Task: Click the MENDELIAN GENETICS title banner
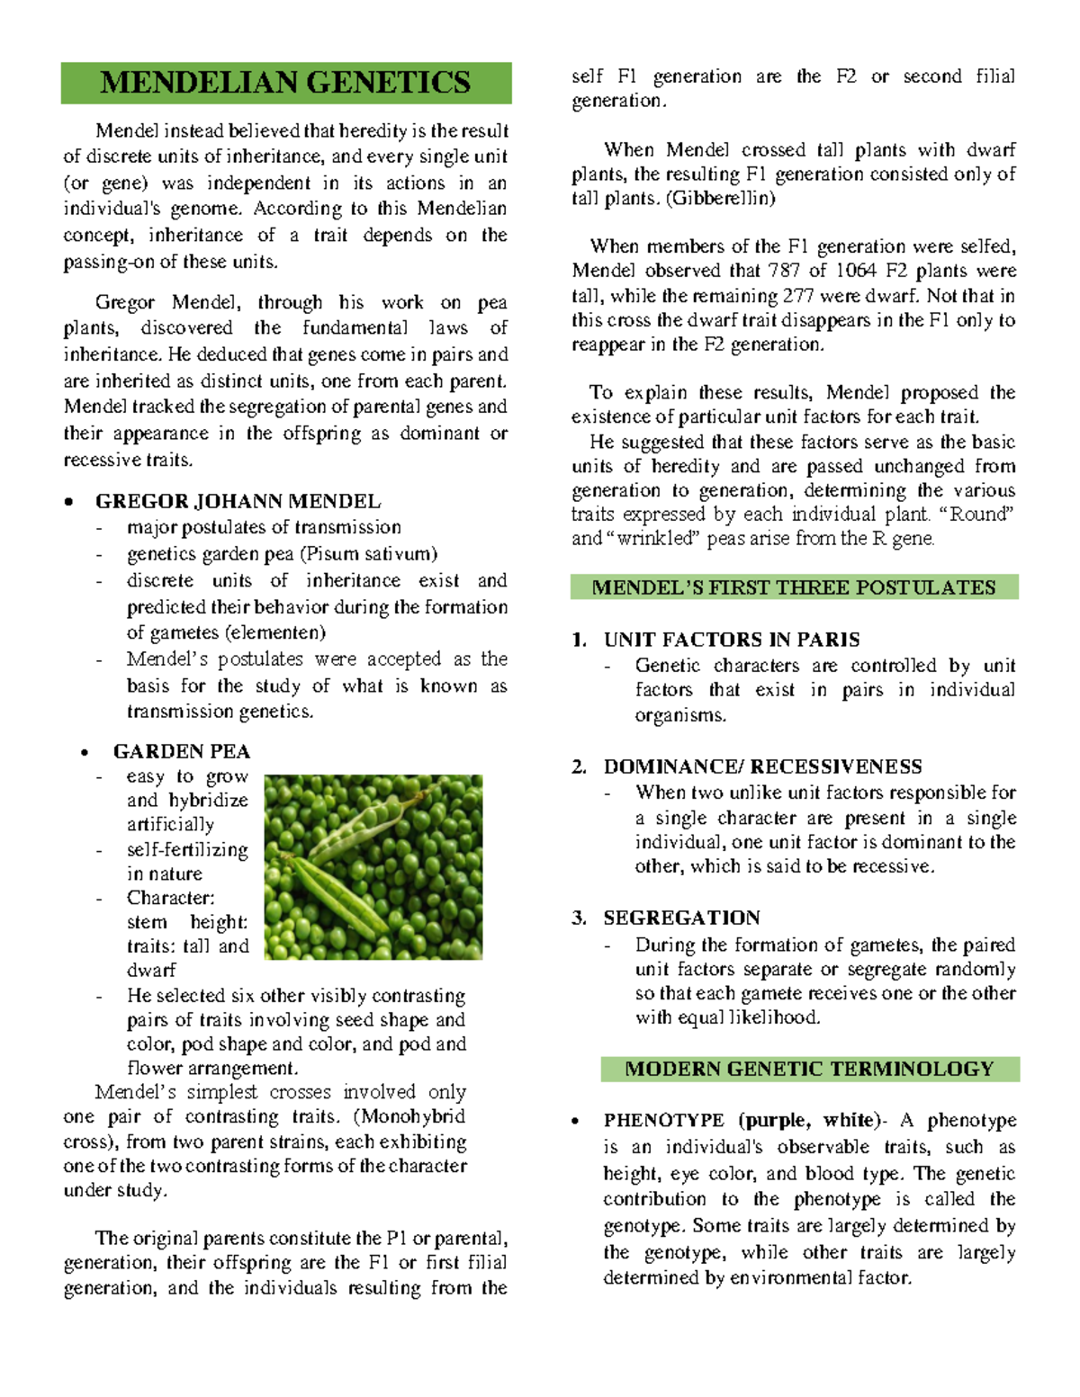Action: (285, 83)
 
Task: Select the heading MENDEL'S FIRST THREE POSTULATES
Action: (794, 587)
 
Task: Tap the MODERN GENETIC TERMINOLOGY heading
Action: (809, 1069)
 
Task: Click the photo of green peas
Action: (373, 866)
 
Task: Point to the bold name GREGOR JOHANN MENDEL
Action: (238, 501)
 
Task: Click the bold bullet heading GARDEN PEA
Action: (182, 751)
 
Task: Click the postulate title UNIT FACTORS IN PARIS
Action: (731, 640)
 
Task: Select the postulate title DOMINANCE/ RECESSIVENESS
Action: (762, 766)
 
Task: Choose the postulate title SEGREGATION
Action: (681, 918)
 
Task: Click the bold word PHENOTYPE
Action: (663, 1120)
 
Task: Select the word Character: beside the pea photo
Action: (170, 898)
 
